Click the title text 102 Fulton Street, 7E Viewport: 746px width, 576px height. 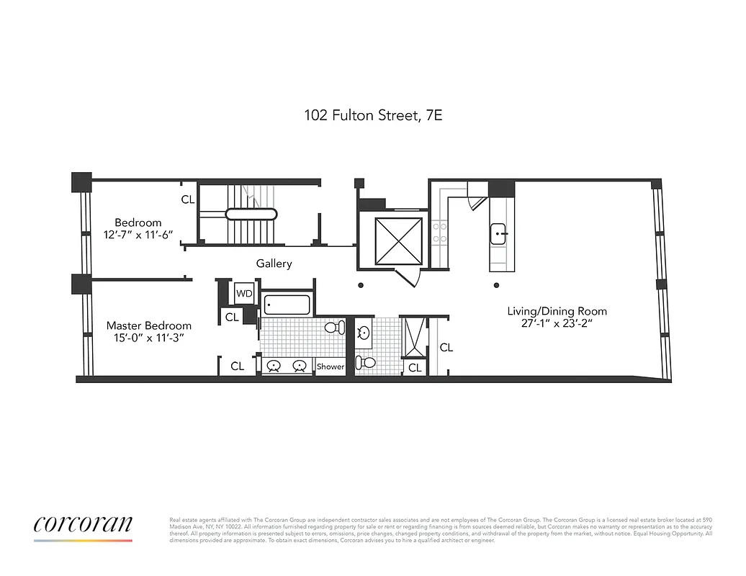pos(372,114)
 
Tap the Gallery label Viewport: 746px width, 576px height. pos(274,264)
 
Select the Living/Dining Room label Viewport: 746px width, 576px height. pos(557,311)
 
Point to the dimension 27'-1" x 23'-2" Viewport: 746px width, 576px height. pos(557,324)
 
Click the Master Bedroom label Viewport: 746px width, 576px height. pos(149,325)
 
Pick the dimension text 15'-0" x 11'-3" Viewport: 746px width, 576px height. pos(149,338)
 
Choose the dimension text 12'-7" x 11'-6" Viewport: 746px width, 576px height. pos(138,235)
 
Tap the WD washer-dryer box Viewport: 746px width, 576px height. pos(244,293)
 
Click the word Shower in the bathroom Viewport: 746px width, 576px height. pos(331,366)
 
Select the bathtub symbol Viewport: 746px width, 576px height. pos(286,305)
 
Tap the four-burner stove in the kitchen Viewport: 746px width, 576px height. pos(439,233)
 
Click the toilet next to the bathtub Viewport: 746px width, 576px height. pos(333,328)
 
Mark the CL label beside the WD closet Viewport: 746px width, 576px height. pos(232,316)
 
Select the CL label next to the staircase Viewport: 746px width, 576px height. pos(187,199)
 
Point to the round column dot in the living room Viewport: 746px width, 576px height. pos(496,286)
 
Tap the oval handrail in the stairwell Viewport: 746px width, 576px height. pos(251,214)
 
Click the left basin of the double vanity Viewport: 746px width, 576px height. pos(274,366)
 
